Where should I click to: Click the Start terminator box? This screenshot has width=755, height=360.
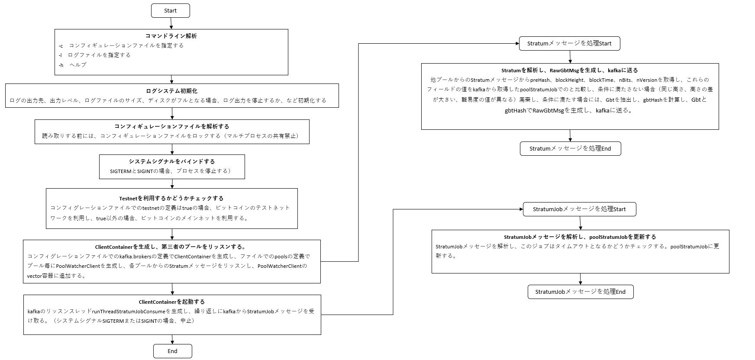(x=171, y=11)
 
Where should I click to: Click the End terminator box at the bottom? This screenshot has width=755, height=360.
(x=172, y=351)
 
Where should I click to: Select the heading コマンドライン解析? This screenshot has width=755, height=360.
(x=171, y=36)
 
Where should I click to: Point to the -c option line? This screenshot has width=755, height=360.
(x=121, y=45)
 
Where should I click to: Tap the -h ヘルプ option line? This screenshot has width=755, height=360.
(x=73, y=65)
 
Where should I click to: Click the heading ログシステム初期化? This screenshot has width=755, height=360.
(x=172, y=91)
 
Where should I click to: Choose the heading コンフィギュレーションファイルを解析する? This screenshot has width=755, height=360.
(x=172, y=126)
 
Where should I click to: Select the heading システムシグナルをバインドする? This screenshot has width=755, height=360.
(x=172, y=161)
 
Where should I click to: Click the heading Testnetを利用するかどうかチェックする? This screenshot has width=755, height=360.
(x=171, y=198)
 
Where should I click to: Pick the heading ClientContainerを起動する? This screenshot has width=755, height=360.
(x=172, y=302)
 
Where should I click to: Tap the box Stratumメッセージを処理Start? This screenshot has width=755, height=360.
(x=569, y=43)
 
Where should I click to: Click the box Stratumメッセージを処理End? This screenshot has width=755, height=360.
(x=570, y=148)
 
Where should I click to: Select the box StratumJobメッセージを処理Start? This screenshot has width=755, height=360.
(x=579, y=209)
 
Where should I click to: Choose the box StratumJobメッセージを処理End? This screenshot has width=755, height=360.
(x=580, y=292)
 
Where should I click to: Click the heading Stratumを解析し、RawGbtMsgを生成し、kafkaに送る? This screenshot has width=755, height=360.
(x=570, y=70)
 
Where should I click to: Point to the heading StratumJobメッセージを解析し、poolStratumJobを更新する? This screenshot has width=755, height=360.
(x=580, y=237)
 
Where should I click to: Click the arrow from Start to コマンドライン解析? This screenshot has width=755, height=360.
(x=171, y=23)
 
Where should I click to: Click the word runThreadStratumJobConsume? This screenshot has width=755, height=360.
(x=129, y=311)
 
